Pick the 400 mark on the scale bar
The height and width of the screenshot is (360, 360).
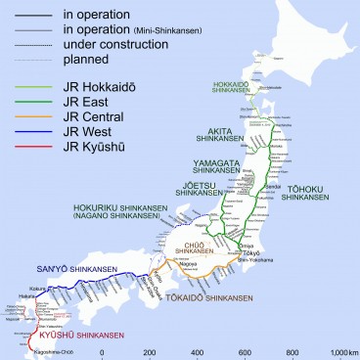tap(197, 352)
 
